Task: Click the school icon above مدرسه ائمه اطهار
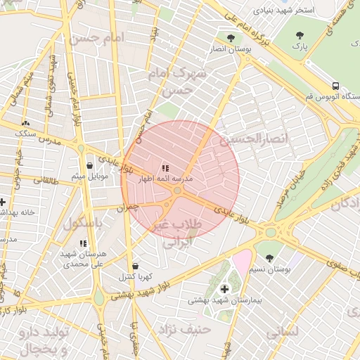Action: point(165,168)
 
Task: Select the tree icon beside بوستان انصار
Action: point(231,38)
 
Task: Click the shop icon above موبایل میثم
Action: point(89,166)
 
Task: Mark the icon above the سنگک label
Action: point(26,122)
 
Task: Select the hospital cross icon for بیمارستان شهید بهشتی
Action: point(224,289)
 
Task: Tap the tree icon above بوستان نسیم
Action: point(270,258)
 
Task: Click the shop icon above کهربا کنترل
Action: point(135,266)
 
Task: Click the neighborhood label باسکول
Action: point(83,224)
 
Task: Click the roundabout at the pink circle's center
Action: point(178,190)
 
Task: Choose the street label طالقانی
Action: point(48,181)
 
